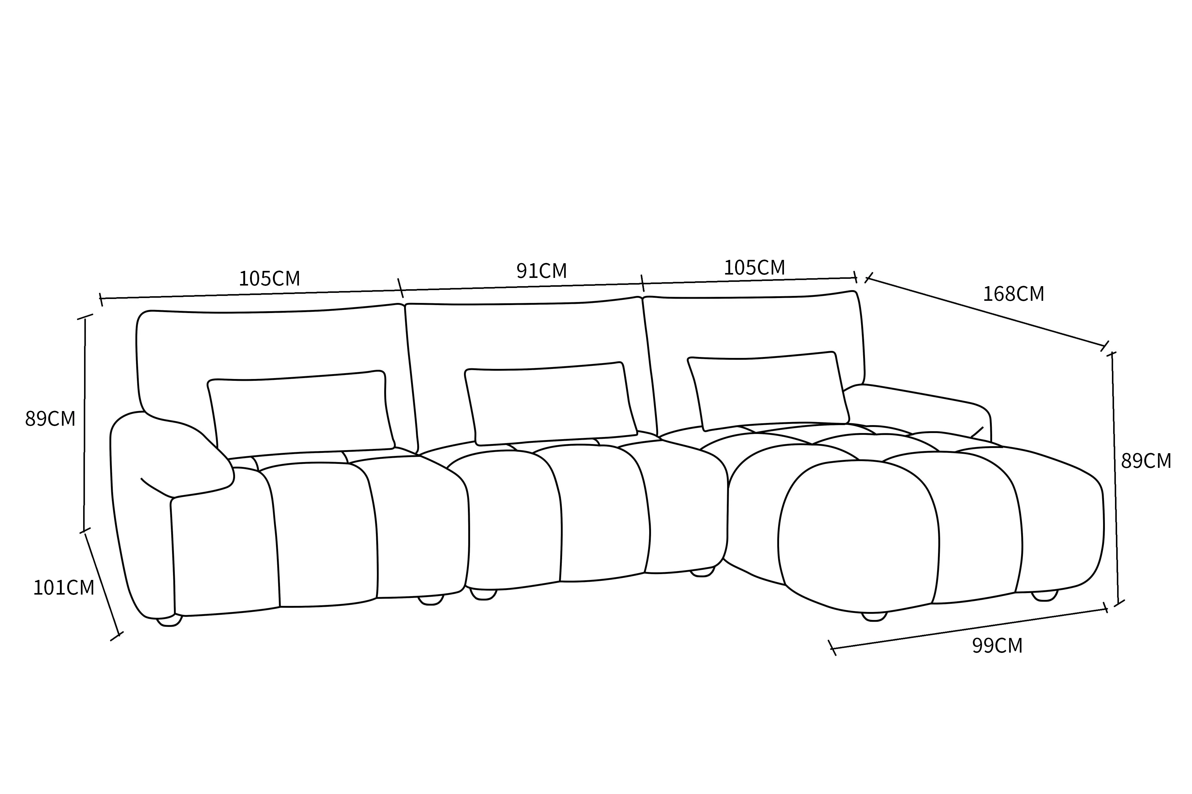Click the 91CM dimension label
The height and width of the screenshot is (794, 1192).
(x=541, y=271)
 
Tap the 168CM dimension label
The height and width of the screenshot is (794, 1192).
(x=1014, y=294)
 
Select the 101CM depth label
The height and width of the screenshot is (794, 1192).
(x=64, y=587)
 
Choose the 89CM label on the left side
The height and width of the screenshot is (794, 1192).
(x=50, y=419)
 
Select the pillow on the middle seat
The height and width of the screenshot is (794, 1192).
(x=550, y=404)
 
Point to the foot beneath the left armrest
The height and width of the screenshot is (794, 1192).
(x=169, y=621)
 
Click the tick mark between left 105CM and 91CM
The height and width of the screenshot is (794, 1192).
(x=400, y=288)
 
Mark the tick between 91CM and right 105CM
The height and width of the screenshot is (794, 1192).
(x=643, y=283)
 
